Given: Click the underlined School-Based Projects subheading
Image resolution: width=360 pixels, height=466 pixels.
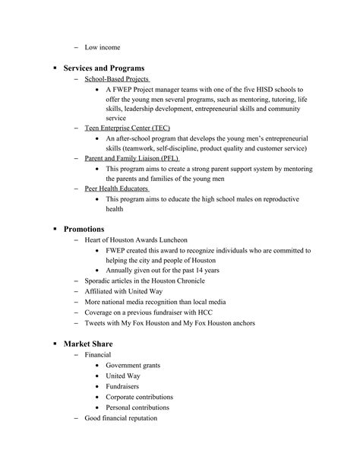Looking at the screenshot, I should tap(116, 79).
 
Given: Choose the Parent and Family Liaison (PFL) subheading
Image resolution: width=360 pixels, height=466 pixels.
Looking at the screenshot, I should tap(131, 158).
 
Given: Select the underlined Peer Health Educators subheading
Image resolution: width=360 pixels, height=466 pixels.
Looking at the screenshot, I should tap(116, 189).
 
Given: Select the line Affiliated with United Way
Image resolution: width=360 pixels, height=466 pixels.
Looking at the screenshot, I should tap(122, 291).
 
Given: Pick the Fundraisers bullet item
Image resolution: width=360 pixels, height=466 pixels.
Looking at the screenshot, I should tap(122, 386).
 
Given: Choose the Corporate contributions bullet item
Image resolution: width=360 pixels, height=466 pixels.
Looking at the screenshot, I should tap(139, 397).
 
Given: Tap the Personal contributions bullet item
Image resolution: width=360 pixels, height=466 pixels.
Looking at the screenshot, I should tap(137, 407).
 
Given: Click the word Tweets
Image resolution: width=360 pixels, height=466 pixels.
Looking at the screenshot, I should tap(95, 323).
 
